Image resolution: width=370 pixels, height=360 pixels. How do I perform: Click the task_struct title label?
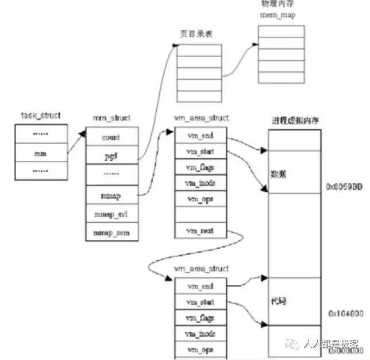point(37,115)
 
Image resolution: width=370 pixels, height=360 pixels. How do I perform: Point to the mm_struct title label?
point(111,118)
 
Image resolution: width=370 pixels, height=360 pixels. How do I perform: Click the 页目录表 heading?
point(193,33)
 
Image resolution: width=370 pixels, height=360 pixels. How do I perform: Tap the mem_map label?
point(277,15)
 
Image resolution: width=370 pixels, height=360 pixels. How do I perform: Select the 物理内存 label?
point(277,5)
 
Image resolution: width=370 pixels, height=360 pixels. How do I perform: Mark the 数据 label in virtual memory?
point(278,173)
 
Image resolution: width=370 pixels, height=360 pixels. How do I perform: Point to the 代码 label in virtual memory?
point(278,300)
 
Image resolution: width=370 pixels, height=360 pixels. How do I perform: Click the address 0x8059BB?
point(344,187)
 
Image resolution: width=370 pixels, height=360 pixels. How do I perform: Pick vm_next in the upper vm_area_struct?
point(200,230)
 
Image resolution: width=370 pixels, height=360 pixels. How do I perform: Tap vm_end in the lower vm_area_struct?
point(200,285)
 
